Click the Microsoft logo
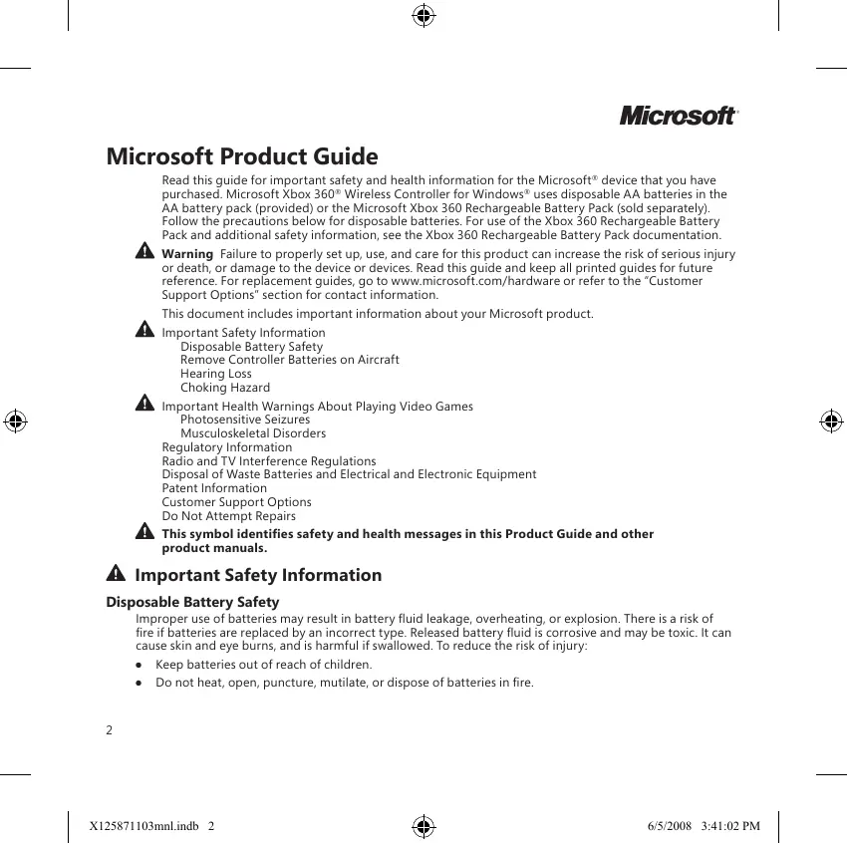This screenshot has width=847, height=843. click(x=678, y=116)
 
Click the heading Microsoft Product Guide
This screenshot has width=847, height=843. click(x=242, y=157)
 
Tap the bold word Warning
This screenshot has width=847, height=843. click(x=186, y=254)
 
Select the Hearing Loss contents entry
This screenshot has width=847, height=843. click(x=215, y=374)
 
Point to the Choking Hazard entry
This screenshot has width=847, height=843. click(x=224, y=388)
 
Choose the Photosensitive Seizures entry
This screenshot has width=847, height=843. click(x=244, y=420)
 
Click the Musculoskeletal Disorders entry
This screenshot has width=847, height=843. click(x=252, y=433)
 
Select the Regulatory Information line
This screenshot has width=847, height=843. click(x=227, y=447)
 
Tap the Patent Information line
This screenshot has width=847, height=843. click(x=214, y=488)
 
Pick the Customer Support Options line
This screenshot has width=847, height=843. click(x=236, y=502)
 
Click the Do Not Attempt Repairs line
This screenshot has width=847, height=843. click(x=228, y=516)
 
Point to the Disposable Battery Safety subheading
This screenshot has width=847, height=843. click(x=192, y=602)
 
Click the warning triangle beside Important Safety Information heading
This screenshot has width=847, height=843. click(x=116, y=575)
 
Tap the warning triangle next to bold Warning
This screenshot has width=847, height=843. click(x=143, y=253)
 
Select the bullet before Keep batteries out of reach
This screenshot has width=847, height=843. click(x=140, y=665)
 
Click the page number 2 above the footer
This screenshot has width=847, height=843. click(x=110, y=729)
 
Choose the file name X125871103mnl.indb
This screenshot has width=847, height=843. click(x=144, y=826)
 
